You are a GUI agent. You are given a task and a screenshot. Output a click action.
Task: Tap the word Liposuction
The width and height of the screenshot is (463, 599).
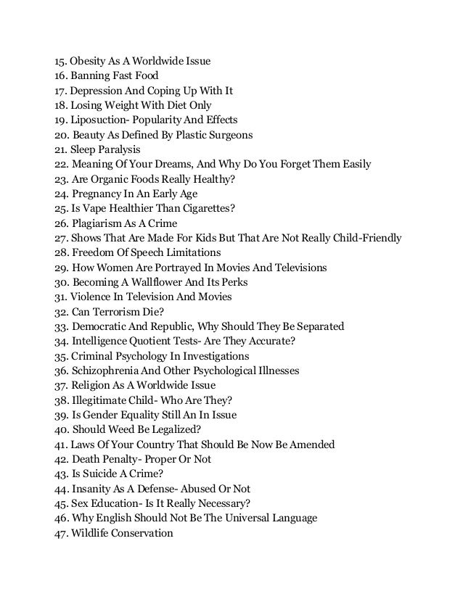click(103, 119)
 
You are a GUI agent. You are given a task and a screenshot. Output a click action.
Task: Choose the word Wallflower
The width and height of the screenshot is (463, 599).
click(157, 283)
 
